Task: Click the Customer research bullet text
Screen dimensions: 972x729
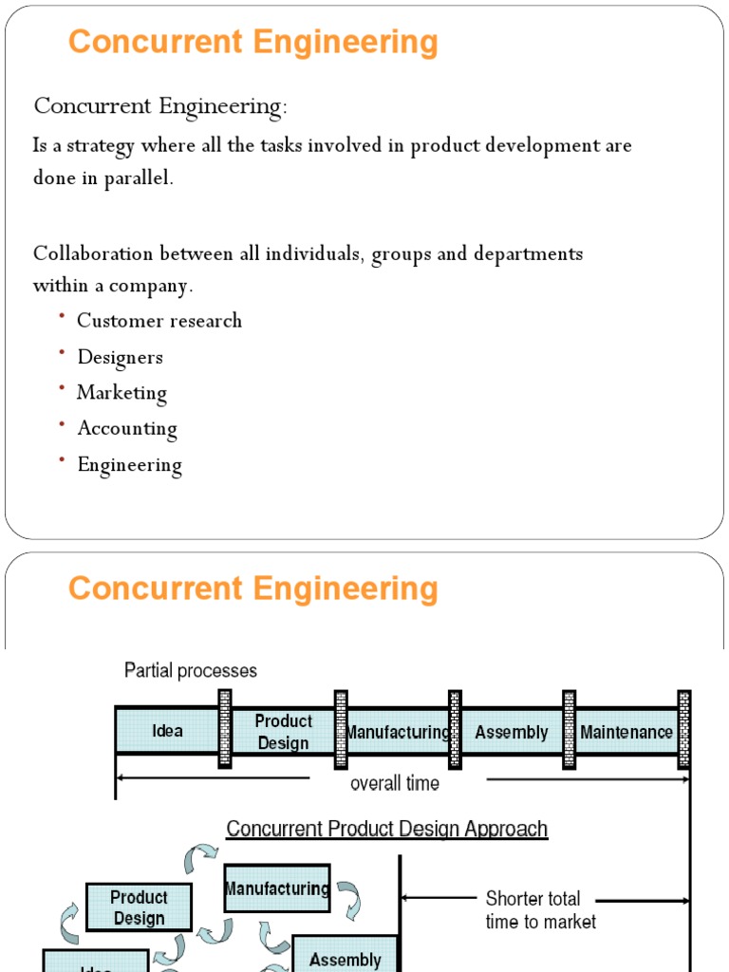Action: [x=159, y=321]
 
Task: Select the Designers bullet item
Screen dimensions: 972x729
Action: [x=120, y=357]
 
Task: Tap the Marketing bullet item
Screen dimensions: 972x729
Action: [x=121, y=393]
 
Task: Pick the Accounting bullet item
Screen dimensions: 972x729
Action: [x=127, y=429]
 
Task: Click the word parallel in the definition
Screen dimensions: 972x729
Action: [x=139, y=178]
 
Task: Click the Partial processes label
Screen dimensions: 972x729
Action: [x=191, y=671]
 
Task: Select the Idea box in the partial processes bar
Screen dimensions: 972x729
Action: [x=167, y=731]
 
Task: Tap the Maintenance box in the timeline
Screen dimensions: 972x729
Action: [x=626, y=732]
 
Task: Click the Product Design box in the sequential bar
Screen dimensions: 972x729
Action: [x=283, y=732]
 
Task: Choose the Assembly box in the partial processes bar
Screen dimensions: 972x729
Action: [x=512, y=732]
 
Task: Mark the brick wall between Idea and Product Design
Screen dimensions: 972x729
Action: [x=225, y=728]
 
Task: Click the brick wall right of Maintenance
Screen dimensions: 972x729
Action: [x=684, y=728]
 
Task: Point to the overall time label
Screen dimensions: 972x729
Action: [x=395, y=784]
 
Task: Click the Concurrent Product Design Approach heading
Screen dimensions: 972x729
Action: [x=386, y=829]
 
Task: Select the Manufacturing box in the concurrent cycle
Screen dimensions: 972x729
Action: [x=276, y=889]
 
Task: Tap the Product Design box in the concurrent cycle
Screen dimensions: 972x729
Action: [x=139, y=907]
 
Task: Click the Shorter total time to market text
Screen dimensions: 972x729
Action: [x=540, y=909]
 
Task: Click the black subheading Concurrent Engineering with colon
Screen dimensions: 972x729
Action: [x=160, y=107]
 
